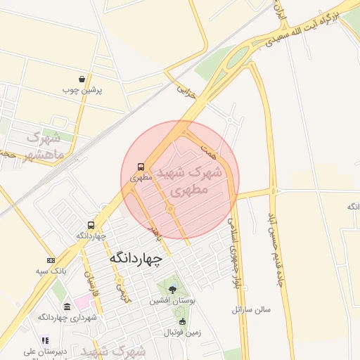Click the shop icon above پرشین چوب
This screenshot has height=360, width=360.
pyautogui.click(x=82, y=79)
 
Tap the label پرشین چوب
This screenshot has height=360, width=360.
pyautogui.click(x=82, y=90)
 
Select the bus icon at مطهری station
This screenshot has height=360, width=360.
pyautogui.click(x=141, y=167)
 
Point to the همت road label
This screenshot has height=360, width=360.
pyautogui.click(x=208, y=150)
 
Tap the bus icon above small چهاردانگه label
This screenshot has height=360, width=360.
pyautogui.click(x=91, y=225)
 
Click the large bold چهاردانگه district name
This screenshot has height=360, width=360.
pyautogui.click(x=136, y=259)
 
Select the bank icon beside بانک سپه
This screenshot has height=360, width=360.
pyautogui.click(x=51, y=260)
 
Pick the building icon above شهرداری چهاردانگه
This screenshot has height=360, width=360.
pyautogui.click(x=67, y=307)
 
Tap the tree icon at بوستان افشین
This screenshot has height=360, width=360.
pyautogui.click(x=173, y=289)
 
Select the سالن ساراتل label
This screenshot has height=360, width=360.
pyautogui.click(x=252, y=309)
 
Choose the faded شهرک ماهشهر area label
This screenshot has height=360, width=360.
pyautogui.click(x=44, y=145)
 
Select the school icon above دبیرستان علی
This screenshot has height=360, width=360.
pyautogui.click(x=44, y=340)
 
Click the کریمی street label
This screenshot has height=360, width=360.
pyautogui.click(x=124, y=292)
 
